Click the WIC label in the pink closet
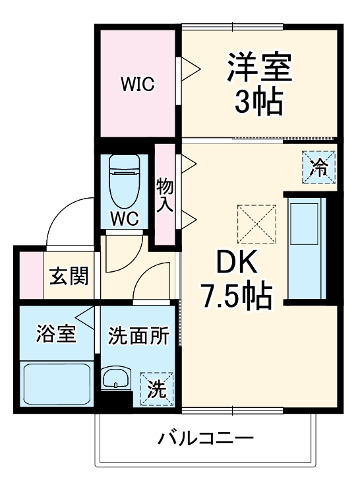click(x=137, y=84)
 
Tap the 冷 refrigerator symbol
click(x=320, y=168)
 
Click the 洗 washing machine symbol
click(x=156, y=389)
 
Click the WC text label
click(x=125, y=219)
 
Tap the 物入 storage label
click(x=165, y=195)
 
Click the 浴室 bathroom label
click(x=55, y=333)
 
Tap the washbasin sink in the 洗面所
click(x=117, y=380)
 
